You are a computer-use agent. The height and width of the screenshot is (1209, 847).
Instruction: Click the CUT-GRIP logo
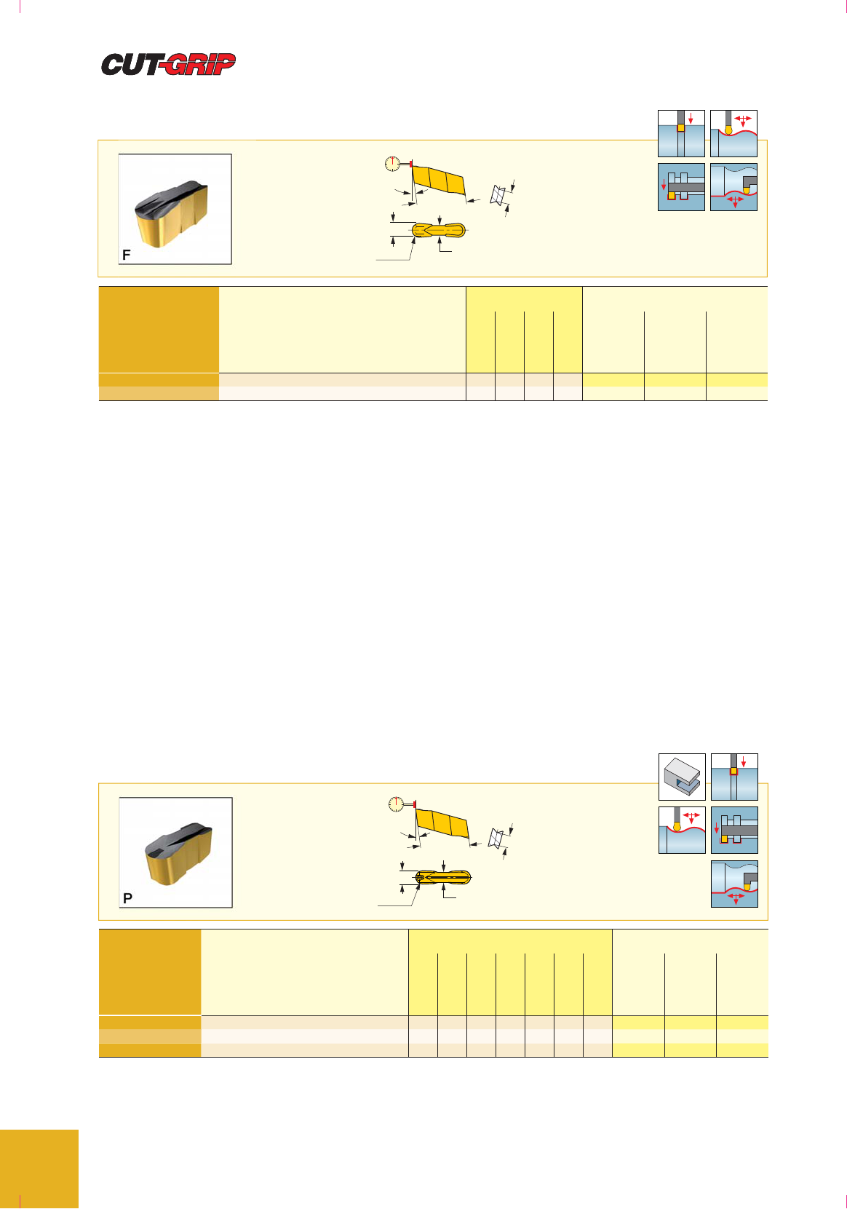click(x=168, y=64)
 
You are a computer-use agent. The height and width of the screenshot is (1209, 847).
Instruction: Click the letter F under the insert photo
click(x=126, y=255)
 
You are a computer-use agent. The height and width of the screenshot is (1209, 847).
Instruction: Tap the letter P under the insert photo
click(x=127, y=898)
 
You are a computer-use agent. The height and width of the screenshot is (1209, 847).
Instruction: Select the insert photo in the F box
click(x=175, y=209)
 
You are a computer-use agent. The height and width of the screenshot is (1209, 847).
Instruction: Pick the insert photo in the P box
click(x=176, y=852)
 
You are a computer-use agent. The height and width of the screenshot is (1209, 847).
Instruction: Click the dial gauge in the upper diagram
click(x=392, y=164)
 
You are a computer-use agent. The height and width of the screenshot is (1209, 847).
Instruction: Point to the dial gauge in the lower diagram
click(x=396, y=804)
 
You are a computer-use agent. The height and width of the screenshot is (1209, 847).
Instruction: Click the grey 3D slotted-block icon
click(x=682, y=777)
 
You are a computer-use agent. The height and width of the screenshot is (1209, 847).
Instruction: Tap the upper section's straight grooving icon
click(x=681, y=133)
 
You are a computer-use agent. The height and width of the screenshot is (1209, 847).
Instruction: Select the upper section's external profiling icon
click(x=733, y=133)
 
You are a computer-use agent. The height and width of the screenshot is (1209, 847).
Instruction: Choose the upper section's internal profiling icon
click(x=733, y=187)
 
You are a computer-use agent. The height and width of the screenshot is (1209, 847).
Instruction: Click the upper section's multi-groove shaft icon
click(x=681, y=187)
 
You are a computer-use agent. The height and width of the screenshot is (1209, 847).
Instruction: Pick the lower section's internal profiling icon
click(x=734, y=884)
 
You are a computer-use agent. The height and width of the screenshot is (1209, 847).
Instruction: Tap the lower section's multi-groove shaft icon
click(x=734, y=830)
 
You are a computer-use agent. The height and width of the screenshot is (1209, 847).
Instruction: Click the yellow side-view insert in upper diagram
click(x=439, y=180)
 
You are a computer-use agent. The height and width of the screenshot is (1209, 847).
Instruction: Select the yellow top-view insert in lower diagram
click(x=443, y=878)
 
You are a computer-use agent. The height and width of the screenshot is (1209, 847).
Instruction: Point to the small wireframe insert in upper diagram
click(x=498, y=195)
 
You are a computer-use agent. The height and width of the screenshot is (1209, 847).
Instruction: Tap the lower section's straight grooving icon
click(x=734, y=777)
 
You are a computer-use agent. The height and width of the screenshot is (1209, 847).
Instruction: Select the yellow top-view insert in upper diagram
click(x=439, y=230)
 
